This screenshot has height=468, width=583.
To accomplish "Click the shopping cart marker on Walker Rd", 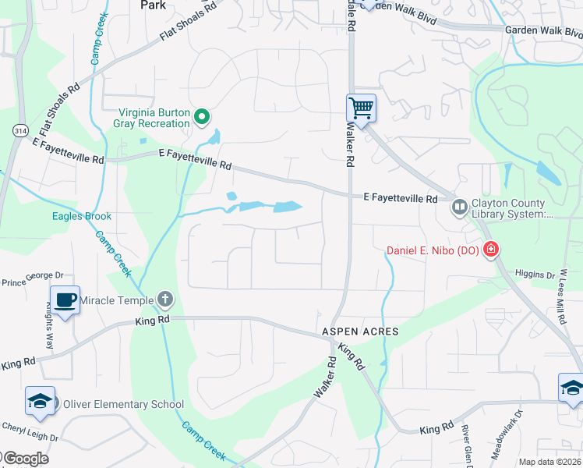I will [361, 107].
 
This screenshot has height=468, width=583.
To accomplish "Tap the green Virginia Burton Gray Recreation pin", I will [202, 118].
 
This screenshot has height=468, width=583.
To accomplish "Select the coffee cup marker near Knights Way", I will [65, 299].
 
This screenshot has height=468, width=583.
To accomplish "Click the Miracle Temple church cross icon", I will [164, 300].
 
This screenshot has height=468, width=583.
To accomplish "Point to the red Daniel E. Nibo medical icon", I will [491, 250].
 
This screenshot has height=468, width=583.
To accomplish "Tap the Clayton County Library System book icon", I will [459, 207].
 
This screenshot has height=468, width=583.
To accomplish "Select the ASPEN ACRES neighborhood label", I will [361, 331].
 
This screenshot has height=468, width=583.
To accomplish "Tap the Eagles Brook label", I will [82, 216].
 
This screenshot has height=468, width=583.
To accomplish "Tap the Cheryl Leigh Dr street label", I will [30, 427].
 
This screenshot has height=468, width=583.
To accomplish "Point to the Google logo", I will [25, 459].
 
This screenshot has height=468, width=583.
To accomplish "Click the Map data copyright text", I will [550, 462].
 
